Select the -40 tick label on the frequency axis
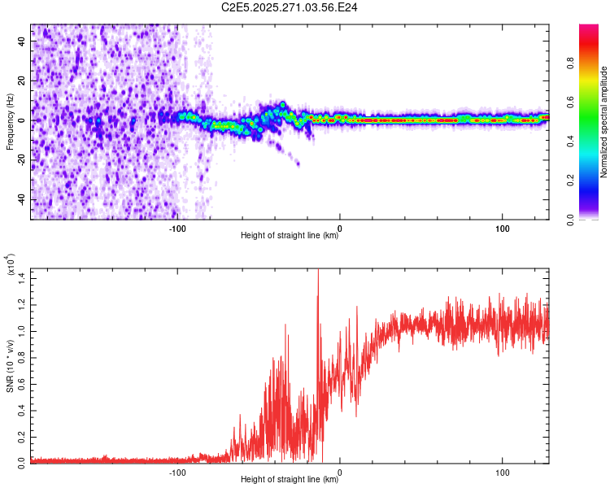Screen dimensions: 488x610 click(x=23, y=200)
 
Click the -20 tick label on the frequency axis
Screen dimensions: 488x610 click(x=23, y=160)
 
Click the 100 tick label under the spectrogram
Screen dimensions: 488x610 click(x=503, y=227)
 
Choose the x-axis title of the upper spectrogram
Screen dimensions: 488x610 click(x=290, y=237)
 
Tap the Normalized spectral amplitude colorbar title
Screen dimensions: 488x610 click(x=603, y=122)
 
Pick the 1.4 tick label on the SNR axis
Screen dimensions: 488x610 click(x=22, y=277)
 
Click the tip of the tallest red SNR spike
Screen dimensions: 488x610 click(x=318, y=269)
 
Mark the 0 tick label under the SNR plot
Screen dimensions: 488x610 click(x=340, y=471)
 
